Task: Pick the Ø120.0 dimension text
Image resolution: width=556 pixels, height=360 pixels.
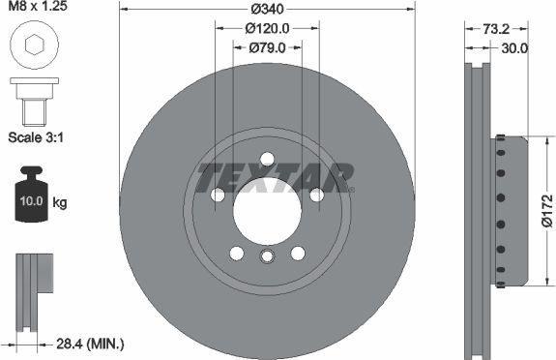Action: click(266, 28)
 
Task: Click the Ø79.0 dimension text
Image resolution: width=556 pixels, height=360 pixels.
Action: click(266, 46)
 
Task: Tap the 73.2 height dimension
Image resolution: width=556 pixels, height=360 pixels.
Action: click(496, 29)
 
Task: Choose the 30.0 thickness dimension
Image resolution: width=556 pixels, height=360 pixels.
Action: click(514, 46)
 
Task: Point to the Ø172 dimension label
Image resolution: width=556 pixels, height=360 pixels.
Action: click(546, 211)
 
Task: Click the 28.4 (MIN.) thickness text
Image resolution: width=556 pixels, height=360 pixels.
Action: click(90, 344)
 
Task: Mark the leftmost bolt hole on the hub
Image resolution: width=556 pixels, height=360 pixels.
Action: click(219, 195)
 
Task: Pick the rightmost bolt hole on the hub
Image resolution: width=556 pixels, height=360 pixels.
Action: click(316, 195)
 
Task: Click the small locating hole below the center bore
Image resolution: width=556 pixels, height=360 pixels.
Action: click(267, 255)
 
